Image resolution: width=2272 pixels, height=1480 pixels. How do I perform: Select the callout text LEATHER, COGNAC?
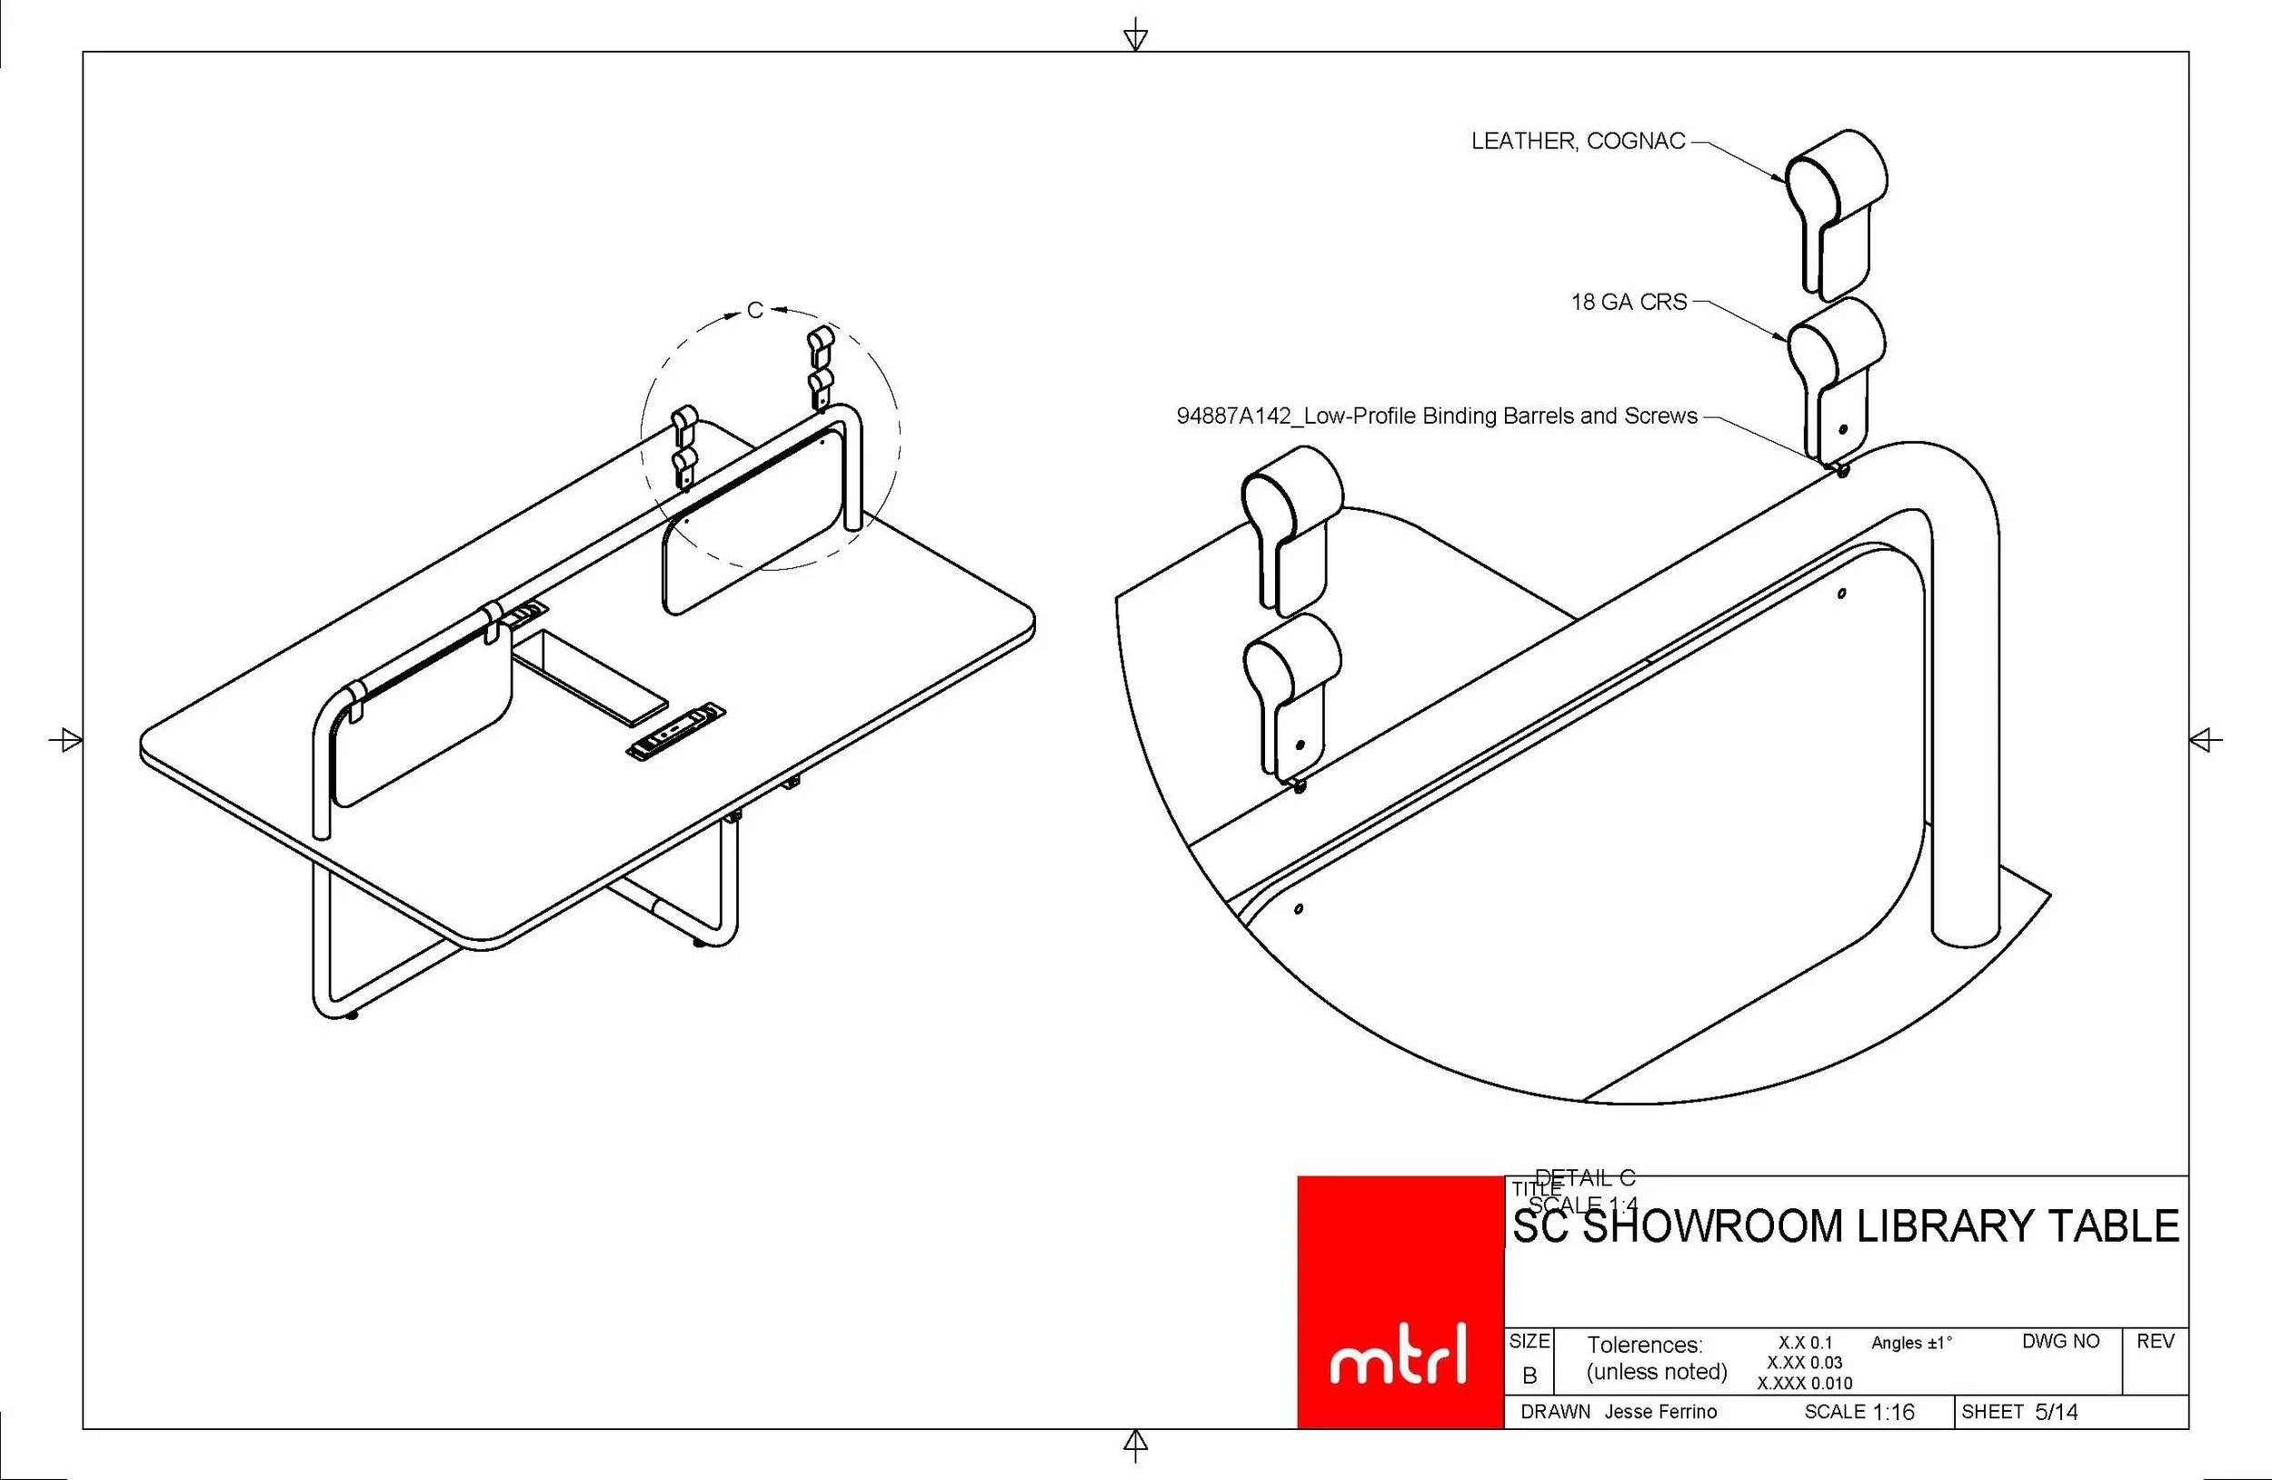(x=1577, y=141)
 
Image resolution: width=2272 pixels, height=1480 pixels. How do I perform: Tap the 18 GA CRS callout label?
(x=1629, y=303)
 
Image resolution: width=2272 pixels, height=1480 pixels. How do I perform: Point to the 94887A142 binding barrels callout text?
(x=1437, y=416)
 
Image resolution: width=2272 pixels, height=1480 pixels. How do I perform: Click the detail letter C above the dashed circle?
(x=755, y=310)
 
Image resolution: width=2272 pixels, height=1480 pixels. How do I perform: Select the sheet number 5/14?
(x=2057, y=1412)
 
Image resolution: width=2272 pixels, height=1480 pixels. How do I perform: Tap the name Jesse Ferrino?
(x=1660, y=1412)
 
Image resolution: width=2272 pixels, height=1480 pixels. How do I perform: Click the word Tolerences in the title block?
(x=1644, y=1345)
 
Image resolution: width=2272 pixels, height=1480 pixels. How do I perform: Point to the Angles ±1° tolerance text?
(x=1911, y=1344)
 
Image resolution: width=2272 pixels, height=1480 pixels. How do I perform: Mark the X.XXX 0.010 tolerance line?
(x=1804, y=1384)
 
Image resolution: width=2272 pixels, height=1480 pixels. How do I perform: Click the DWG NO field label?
(x=2060, y=1342)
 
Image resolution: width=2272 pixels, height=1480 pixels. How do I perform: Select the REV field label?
(x=2156, y=1342)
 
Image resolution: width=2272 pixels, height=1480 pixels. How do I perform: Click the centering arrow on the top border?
(x=1135, y=36)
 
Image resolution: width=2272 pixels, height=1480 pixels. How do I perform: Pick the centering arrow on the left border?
(x=65, y=739)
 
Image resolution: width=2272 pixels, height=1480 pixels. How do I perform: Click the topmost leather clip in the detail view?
(x=1836, y=210)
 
